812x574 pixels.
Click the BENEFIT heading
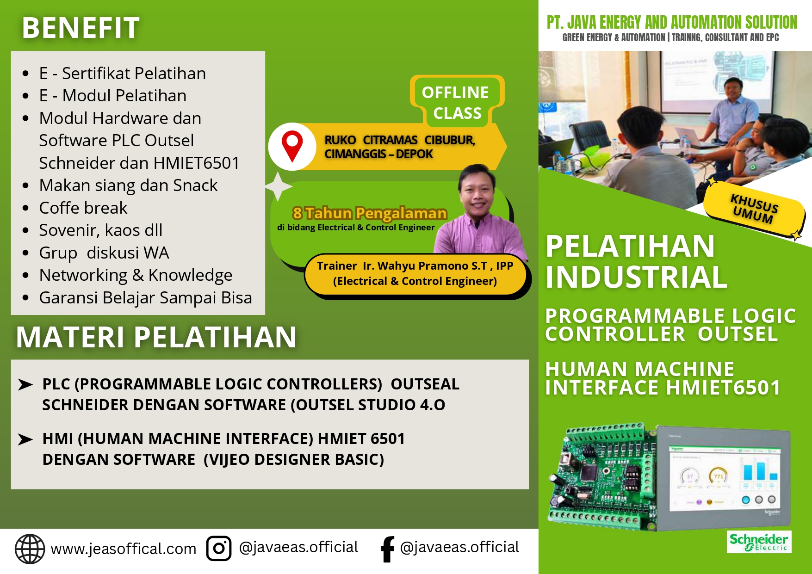(x=81, y=28)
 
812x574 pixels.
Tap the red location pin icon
(x=292, y=145)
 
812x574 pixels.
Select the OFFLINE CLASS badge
(x=456, y=102)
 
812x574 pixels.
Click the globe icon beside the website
(x=30, y=549)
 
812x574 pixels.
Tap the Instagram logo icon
(x=219, y=549)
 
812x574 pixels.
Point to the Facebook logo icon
(x=387, y=549)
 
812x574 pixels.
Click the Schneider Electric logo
(x=759, y=542)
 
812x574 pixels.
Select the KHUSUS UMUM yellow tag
(x=754, y=210)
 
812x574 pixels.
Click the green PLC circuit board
(x=601, y=476)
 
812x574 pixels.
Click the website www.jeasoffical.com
(x=124, y=549)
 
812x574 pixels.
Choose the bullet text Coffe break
(x=83, y=208)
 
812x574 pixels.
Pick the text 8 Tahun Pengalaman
(x=370, y=213)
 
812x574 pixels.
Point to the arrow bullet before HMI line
(x=25, y=439)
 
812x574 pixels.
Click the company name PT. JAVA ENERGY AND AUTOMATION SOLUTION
(x=672, y=22)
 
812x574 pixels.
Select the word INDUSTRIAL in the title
(x=636, y=277)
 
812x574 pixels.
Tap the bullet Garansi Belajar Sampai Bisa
(x=146, y=298)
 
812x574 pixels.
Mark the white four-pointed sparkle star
(x=278, y=186)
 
